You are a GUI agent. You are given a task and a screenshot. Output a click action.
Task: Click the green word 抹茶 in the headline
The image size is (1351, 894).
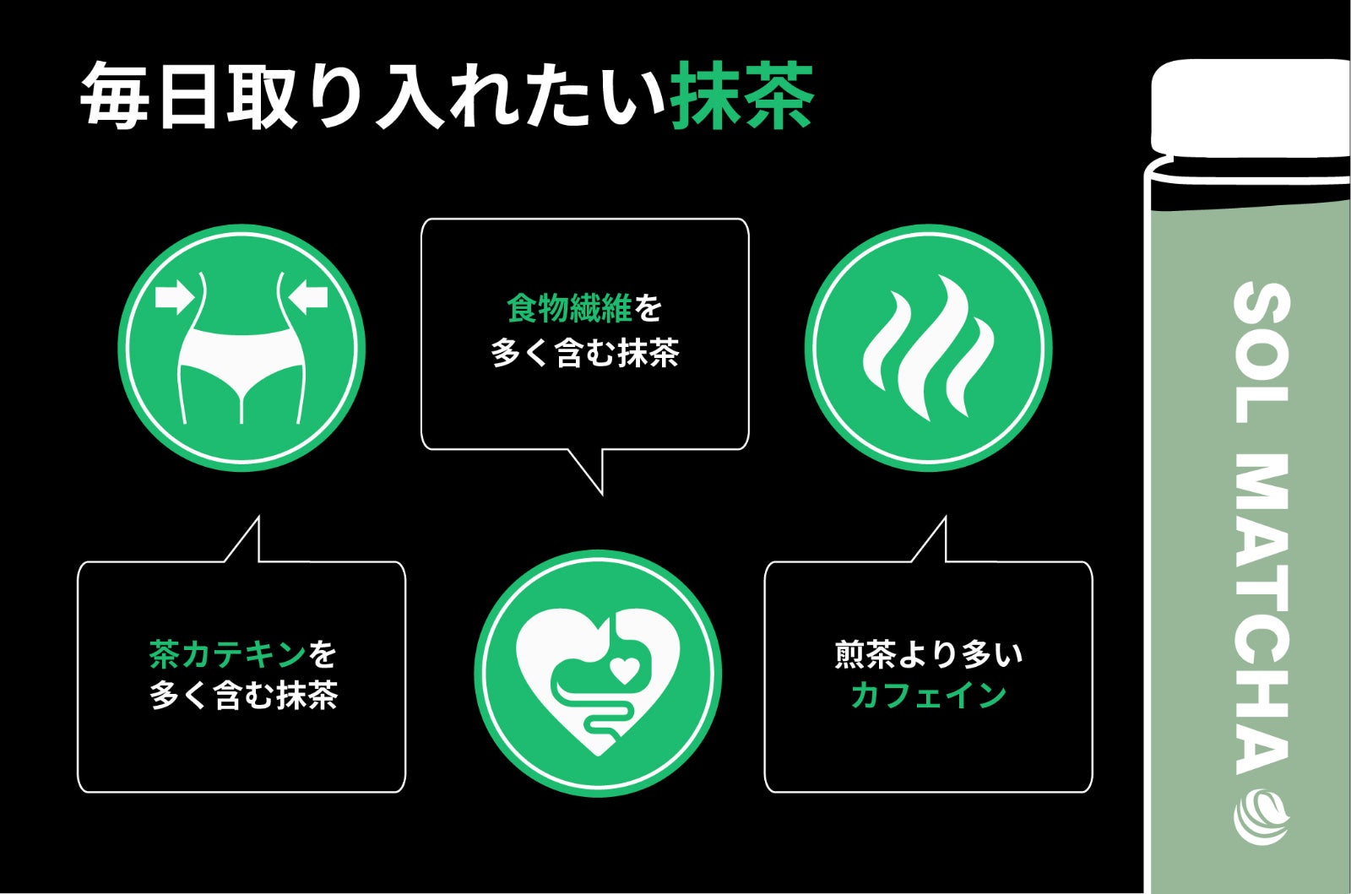click(743, 95)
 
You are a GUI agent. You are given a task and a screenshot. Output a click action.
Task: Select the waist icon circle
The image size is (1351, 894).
click(241, 348)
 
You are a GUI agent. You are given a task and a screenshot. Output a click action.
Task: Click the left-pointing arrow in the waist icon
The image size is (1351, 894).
click(307, 297)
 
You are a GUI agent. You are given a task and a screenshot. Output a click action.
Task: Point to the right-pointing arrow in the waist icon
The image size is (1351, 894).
click(175, 297)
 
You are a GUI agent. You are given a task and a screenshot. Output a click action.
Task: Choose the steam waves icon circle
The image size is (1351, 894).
click(928, 348)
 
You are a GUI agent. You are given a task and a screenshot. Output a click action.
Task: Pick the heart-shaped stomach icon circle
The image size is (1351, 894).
click(598, 674)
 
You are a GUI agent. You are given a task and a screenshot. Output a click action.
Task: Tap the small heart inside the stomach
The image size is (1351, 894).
click(625, 670)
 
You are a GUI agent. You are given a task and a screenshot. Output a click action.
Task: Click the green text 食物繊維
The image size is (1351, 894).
click(569, 308)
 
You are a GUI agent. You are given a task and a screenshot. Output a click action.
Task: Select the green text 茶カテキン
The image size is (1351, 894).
click(227, 654)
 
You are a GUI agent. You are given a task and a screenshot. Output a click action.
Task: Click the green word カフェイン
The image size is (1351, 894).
click(929, 695)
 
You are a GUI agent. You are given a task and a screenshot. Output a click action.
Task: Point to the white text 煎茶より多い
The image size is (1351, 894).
click(929, 654)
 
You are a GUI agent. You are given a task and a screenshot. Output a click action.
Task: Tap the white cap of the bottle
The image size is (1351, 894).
click(1250, 109)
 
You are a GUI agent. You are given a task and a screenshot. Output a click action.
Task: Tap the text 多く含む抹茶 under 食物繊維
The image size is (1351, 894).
click(584, 353)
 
